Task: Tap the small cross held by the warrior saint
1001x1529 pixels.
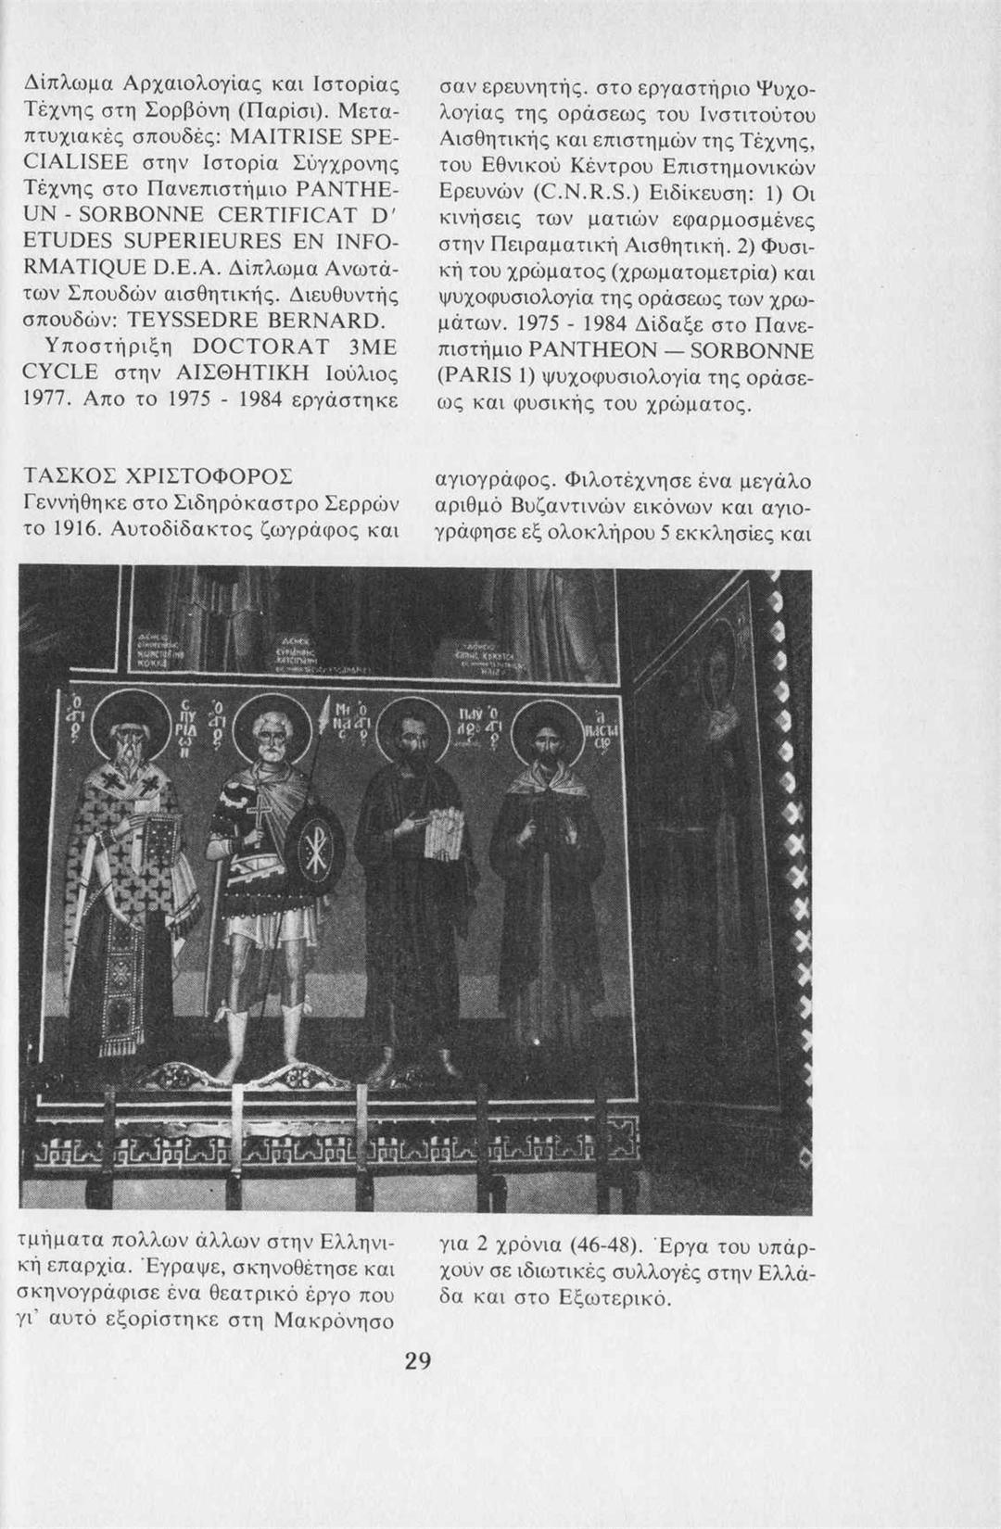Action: pos(249,816)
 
